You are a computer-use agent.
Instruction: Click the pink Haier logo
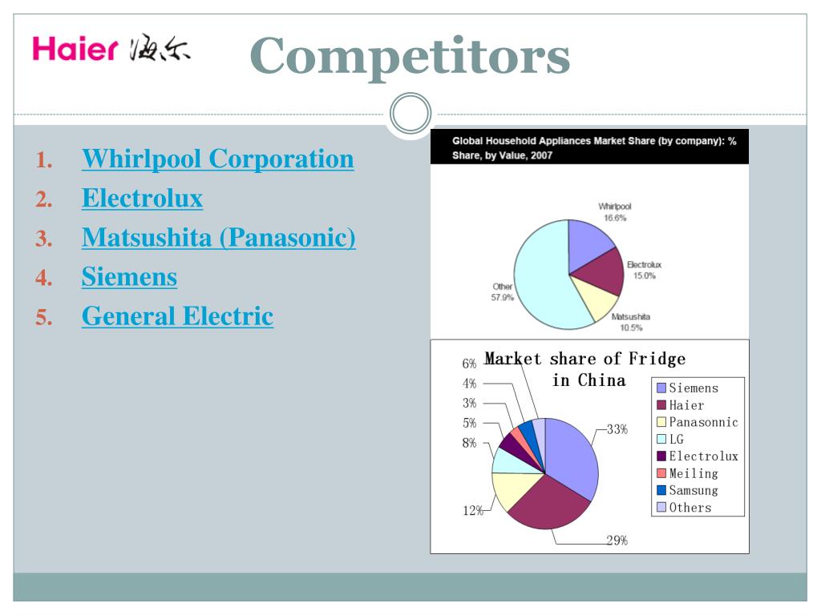pos(75,50)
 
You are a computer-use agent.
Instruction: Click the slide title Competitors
pos(410,55)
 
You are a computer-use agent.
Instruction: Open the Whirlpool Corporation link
pos(217,159)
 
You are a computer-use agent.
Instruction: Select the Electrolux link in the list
pos(142,198)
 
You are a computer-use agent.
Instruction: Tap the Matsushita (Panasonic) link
pos(218,237)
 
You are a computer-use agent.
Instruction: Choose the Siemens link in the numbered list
pos(129,277)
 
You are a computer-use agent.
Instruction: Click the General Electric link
pos(177,316)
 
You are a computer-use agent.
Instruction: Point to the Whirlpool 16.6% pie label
pos(615,211)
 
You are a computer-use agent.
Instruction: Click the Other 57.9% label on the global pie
pos(503,292)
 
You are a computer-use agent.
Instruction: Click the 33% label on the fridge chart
pos(617,429)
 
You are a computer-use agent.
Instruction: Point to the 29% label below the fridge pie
pos(617,541)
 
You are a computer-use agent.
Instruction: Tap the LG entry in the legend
pos(676,439)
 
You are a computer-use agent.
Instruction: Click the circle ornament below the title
pos(410,115)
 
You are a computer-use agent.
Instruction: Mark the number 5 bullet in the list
pos(43,318)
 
